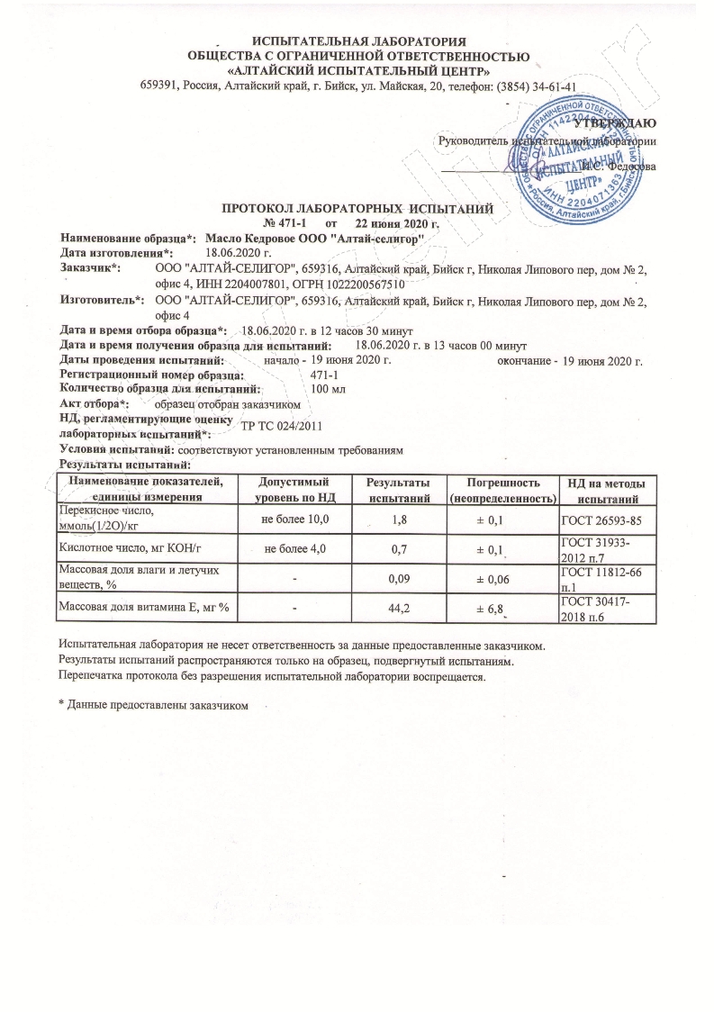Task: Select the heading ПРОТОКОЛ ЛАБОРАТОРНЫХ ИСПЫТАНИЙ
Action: (x=357, y=209)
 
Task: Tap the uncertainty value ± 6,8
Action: (x=501, y=610)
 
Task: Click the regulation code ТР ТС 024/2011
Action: (x=281, y=425)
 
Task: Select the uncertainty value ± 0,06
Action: (x=501, y=579)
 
